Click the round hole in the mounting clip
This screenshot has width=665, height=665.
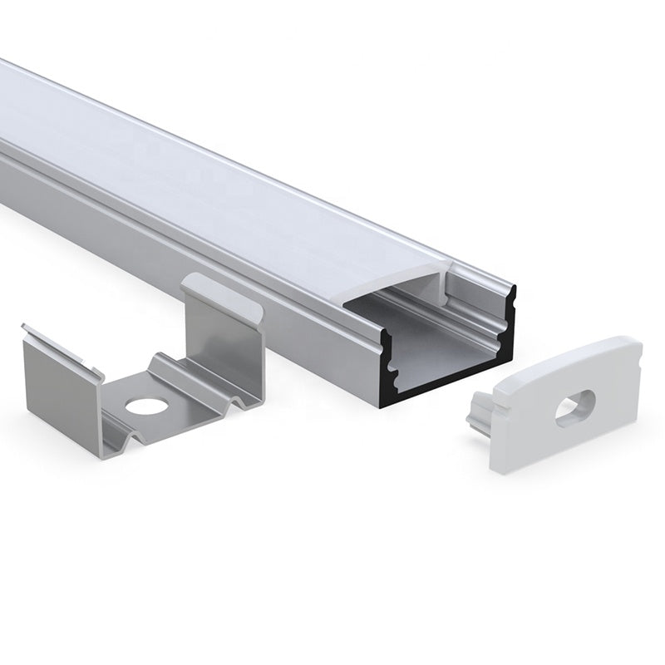point(147,406)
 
